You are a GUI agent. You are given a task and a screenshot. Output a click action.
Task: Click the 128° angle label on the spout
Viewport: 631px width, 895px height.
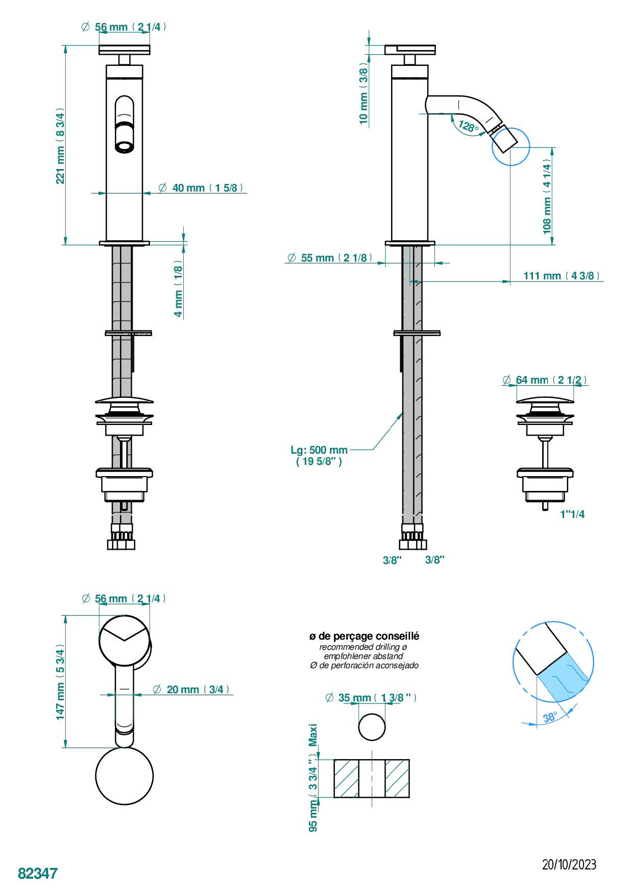[x=468, y=126]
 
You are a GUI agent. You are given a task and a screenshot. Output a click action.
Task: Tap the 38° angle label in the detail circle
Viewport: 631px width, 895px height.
[x=550, y=717]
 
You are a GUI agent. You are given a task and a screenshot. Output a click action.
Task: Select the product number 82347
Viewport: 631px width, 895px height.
[x=38, y=873]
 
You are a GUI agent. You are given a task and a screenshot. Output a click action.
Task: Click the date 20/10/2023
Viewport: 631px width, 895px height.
[x=569, y=864]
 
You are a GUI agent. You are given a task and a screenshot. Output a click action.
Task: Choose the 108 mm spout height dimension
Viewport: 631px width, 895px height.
[x=547, y=197]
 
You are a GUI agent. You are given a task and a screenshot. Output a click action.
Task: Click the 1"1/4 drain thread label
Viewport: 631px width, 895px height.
[x=572, y=514]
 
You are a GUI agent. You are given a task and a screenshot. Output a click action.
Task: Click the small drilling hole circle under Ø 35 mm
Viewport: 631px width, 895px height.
[x=371, y=727]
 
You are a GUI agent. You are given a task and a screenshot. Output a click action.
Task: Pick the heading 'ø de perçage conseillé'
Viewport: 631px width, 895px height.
[x=364, y=636]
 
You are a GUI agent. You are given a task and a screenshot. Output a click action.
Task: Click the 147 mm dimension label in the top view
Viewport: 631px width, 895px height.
[x=61, y=682]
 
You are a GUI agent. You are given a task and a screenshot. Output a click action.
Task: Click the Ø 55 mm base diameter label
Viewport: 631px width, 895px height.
[x=328, y=258]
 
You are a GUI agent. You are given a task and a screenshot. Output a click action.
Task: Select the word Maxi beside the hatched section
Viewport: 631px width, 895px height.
[x=313, y=735]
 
